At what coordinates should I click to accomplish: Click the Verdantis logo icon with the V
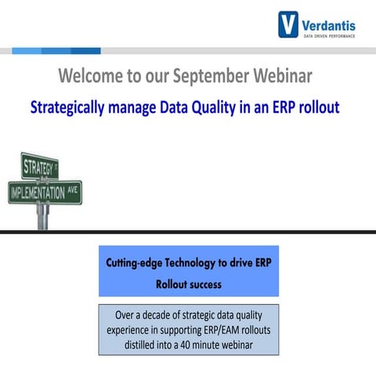[x=288, y=24]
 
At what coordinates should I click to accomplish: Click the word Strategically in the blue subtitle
[x=72, y=108]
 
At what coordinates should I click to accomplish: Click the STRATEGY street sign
[x=39, y=166]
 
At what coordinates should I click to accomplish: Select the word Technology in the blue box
[x=206, y=262]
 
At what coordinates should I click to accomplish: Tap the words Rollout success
[x=188, y=284]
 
